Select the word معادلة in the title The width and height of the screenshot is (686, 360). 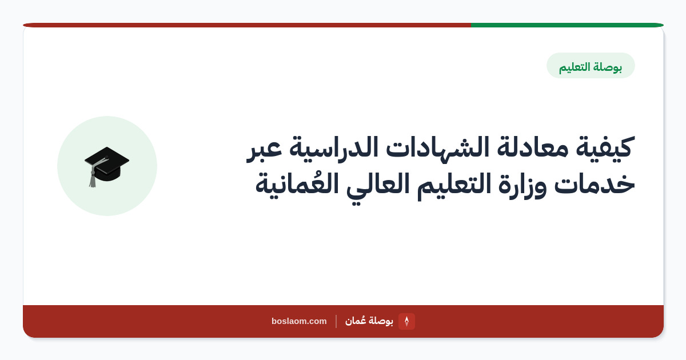click(533, 147)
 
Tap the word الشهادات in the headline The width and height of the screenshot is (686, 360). click(437, 147)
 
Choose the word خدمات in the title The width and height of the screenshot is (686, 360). click(595, 183)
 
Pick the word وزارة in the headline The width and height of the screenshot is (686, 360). click(523, 185)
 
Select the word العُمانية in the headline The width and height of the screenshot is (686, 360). click(297, 183)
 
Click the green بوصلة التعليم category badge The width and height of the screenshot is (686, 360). click(591, 66)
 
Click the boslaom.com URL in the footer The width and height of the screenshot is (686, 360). click(299, 321)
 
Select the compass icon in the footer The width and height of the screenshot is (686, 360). click(406, 321)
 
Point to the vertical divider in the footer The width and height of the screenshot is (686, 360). click(336, 321)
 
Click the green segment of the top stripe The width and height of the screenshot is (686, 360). click(567, 25)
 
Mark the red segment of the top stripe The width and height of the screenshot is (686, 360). click(247, 25)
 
